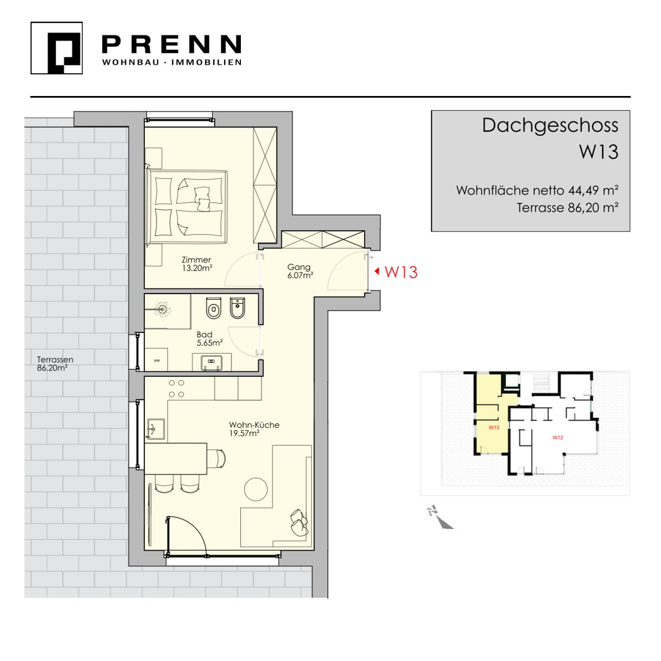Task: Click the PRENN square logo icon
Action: [x=57, y=48]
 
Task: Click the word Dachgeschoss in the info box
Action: [x=550, y=126]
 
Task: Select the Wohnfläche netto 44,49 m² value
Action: [x=537, y=190]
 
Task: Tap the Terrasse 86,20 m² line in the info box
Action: [x=567, y=208]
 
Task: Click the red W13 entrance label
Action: [x=401, y=272]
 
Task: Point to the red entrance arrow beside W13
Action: [x=377, y=271]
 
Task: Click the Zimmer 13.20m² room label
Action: [x=197, y=264]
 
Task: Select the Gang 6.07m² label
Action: [x=300, y=271]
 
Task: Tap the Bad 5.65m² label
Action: [x=210, y=339]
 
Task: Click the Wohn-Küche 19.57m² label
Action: [x=254, y=428]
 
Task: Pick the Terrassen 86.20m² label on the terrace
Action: [x=55, y=364]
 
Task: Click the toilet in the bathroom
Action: [x=214, y=308]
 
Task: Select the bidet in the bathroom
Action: [x=238, y=308]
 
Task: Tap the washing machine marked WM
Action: [x=157, y=360]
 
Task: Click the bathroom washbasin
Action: [x=211, y=362]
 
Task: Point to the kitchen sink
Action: [x=155, y=429]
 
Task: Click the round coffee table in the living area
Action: [x=256, y=490]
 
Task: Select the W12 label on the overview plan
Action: [x=558, y=437]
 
